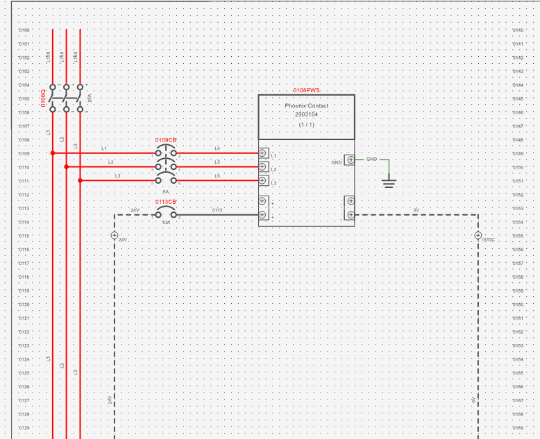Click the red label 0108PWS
point(306,90)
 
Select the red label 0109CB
point(166,140)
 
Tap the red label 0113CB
point(166,202)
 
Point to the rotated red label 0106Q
point(43,98)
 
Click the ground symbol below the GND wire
point(389,183)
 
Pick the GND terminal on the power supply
point(351,160)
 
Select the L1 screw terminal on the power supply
point(263,153)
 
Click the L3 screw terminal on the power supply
point(263,181)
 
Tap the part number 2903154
point(306,114)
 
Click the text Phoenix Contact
point(306,105)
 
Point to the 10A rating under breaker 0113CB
point(166,223)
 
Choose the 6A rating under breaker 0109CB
point(165,191)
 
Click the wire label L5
point(217,162)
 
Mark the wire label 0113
point(217,210)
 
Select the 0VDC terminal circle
point(478,235)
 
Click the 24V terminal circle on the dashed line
point(115,235)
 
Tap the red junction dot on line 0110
point(67,166)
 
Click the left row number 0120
point(24,304)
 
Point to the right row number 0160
point(517,304)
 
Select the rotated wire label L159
point(62,57)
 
